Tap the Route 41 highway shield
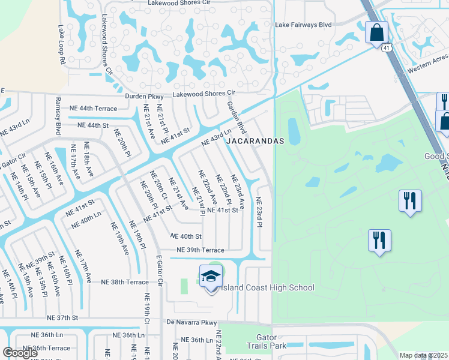(386, 47)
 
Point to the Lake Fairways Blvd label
(303, 25)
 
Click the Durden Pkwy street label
(144, 96)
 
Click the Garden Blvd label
(237, 118)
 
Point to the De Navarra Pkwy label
(191, 323)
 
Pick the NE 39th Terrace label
(200, 250)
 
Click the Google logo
(20, 352)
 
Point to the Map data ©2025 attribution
(423, 355)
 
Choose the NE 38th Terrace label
(124, 281)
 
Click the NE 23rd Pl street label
(260, 212)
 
